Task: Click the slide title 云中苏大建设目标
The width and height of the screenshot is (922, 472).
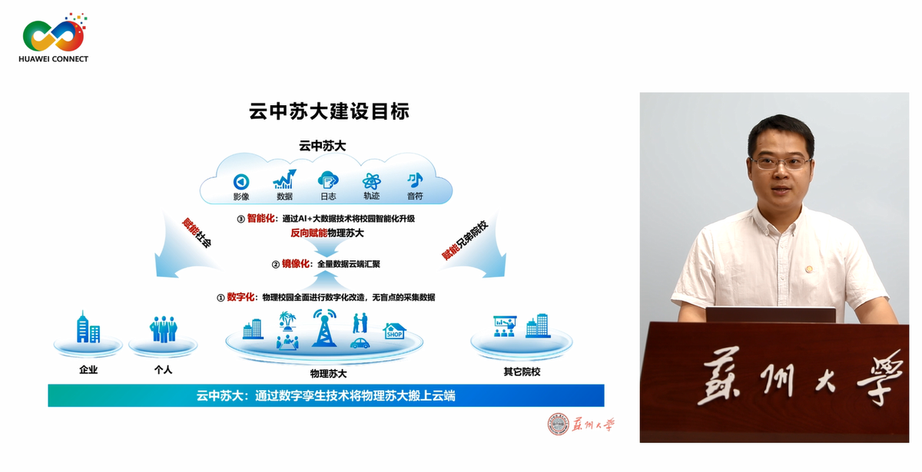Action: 329,111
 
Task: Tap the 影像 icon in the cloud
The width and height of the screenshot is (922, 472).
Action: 241,181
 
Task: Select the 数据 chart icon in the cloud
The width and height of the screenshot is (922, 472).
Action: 284,180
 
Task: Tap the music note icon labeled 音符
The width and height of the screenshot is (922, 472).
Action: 415,180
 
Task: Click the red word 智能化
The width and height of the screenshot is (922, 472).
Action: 261,219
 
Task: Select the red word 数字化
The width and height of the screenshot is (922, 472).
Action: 241,297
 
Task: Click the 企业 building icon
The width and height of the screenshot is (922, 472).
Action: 88,328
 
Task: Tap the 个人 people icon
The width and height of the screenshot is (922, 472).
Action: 163,329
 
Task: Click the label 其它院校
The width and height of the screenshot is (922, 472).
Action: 522,371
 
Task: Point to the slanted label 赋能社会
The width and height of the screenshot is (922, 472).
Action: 195,233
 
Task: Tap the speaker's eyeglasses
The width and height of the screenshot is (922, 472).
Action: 781,163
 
